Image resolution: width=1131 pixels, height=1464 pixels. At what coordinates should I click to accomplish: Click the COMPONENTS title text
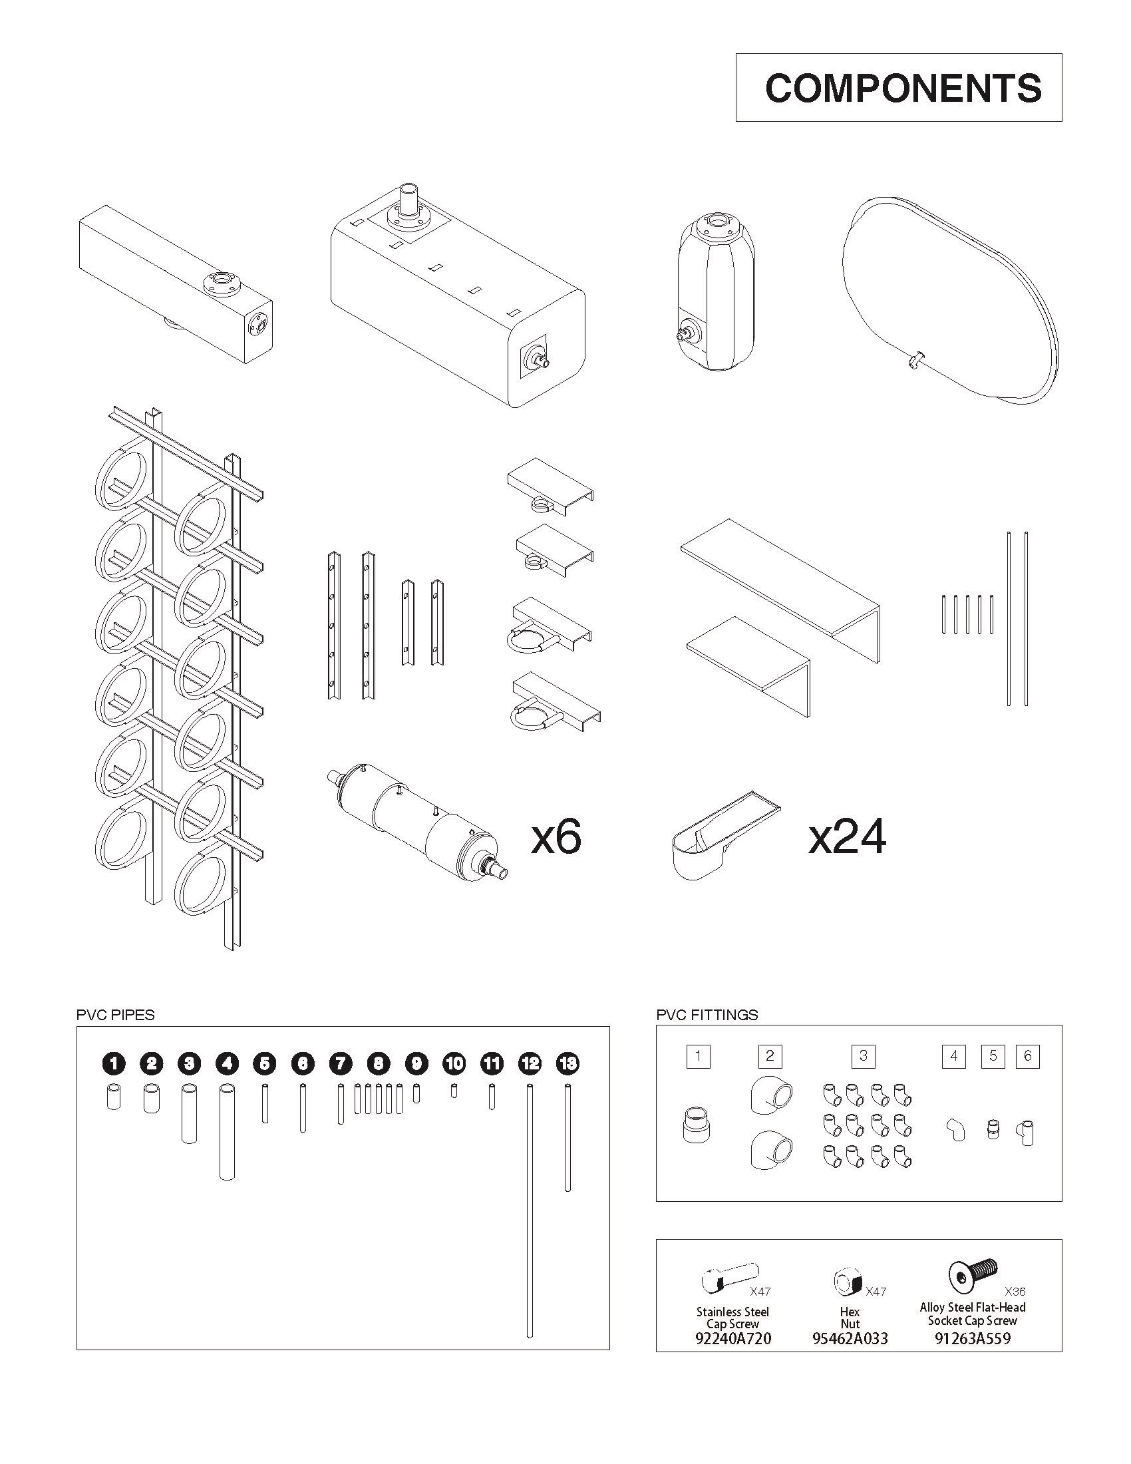point(903,88)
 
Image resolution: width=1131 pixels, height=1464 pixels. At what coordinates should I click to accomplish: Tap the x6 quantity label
point(556,838)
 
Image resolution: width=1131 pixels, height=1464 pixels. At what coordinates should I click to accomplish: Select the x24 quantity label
point(847,838)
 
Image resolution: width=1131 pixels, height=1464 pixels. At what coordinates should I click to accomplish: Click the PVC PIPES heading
point(115,1015)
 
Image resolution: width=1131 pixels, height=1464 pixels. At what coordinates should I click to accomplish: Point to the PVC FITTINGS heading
point(707,1015)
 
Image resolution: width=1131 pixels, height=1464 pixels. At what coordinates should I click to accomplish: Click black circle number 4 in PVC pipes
point(227,1064)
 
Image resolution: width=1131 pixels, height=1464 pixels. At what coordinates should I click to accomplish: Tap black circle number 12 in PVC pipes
point(530,1064)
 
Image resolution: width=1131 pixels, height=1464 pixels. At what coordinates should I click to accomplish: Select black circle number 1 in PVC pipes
point(114,1064)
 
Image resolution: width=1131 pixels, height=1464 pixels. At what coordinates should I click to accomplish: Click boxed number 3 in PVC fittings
point(863,1057)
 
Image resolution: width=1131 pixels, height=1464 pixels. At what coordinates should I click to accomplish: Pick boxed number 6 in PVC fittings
point(1028,1057)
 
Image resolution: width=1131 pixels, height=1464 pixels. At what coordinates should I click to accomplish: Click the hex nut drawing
point(848,1283)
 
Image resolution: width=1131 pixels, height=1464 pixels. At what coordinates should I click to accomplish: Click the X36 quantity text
point(1015,1291)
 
